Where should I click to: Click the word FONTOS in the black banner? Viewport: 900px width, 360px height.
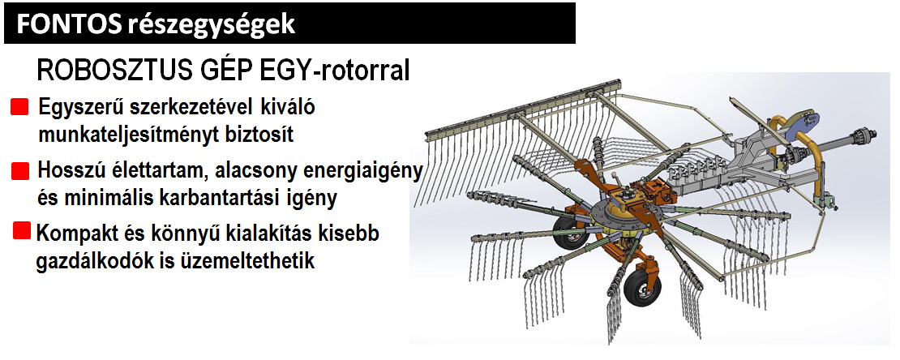68,24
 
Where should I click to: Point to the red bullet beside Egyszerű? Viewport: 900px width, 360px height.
19,107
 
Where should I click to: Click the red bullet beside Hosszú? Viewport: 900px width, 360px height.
20,171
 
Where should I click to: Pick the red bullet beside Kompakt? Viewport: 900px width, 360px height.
22,231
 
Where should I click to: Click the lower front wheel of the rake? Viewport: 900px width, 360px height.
638,289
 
